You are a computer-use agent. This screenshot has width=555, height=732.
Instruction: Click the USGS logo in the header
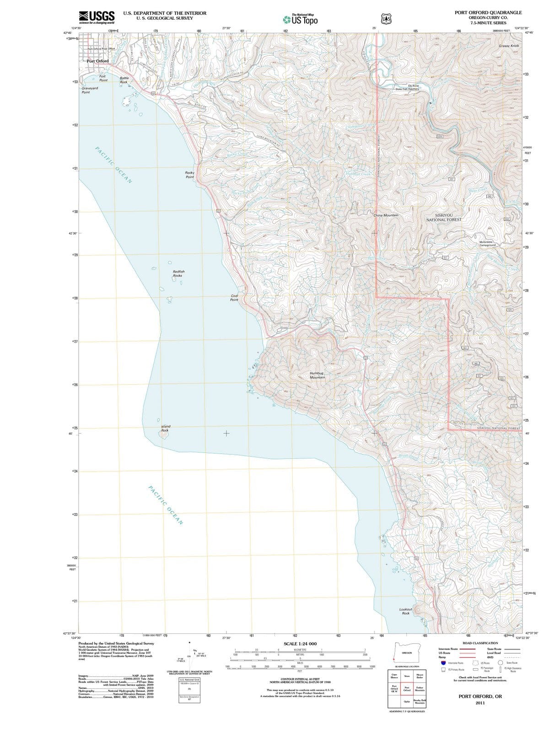[97, 17]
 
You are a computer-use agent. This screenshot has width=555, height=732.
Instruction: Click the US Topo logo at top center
[300, 20]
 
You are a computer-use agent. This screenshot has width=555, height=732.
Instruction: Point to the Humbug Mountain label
[317, 375]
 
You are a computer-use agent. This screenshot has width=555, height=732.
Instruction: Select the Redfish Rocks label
[178, 274]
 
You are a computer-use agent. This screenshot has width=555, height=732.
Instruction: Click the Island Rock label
[165, 428]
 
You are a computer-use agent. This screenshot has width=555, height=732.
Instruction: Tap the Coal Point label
[234, 298]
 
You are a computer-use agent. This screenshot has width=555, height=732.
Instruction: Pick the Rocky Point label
[189, 175]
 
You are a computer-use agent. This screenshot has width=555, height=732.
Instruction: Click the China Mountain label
[386, 215]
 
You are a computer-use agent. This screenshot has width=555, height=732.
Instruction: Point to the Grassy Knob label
[509, 46]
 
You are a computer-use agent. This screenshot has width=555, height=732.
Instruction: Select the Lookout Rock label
[406, 611]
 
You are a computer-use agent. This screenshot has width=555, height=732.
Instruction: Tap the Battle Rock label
[124, 80]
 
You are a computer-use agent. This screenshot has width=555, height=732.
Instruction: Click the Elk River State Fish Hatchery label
[407, 87]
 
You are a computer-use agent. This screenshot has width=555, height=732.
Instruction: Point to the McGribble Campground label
[487, 243]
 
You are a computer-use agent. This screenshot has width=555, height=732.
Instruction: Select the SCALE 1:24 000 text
[300, 644]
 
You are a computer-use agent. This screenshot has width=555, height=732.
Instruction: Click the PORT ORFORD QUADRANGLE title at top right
[488, 12]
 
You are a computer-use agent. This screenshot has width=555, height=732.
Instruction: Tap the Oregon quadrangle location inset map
[407, 653]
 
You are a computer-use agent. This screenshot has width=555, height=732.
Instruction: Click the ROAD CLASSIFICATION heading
[480, 643]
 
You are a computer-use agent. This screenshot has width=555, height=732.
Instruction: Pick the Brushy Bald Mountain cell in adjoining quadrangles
[420, 701]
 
